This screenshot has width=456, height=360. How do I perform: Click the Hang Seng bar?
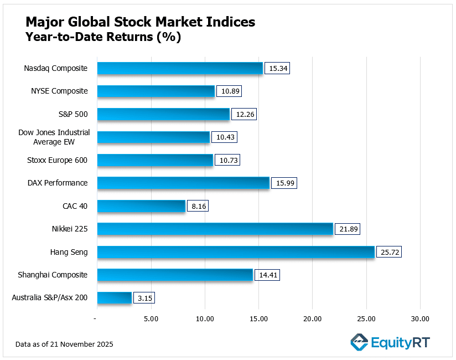coord(236,252)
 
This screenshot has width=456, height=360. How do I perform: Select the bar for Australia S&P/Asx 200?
coord(115,298)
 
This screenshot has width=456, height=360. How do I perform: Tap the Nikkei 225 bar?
coord(215,229)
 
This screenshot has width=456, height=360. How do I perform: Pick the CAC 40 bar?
coord(141,206)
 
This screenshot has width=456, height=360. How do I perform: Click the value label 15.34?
coord(277,68)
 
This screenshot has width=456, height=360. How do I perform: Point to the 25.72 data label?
coord(388,252)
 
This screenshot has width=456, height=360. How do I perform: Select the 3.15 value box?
coord(146,298)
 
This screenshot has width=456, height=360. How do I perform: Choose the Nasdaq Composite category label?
coord(56,68)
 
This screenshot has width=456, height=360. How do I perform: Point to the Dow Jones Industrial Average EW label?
coord(54,137)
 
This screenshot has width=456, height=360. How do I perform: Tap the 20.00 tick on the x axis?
coord(312,318)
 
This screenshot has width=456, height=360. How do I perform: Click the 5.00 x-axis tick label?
coord(151,318)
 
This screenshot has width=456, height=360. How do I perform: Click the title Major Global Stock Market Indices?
coord(141,22)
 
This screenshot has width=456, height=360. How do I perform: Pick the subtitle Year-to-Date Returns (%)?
coord(103,38)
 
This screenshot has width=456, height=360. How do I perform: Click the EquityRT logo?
coord(390,342)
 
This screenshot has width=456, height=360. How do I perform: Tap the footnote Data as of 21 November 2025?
coord(64,344)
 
